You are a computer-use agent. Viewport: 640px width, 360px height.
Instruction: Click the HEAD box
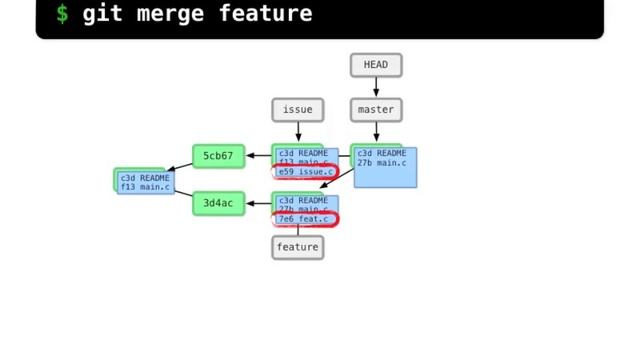376,65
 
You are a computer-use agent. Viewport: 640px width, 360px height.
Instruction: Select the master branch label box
376,109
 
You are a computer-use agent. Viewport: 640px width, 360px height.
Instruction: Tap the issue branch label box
297,109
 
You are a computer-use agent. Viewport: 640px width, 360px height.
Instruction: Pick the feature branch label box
297,247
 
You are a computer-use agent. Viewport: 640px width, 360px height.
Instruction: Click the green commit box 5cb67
218,156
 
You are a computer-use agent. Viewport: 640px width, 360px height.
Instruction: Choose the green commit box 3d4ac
218,203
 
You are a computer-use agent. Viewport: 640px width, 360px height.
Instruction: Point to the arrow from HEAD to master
376,87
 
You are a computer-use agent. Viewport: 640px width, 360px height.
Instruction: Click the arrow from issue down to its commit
297,132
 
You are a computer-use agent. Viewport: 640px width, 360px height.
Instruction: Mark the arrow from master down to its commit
376,132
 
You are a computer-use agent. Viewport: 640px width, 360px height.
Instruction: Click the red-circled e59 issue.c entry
305,172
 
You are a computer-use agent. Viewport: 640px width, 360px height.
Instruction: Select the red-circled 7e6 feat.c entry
304,219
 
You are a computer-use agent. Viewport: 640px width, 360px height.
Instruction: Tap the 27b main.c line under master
382,163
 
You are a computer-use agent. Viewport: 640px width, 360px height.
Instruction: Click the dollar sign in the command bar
62,14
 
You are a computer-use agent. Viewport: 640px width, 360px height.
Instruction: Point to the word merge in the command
164,14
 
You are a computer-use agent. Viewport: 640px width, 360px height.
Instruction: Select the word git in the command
102,14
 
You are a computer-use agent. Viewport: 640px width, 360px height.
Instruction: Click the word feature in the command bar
265,14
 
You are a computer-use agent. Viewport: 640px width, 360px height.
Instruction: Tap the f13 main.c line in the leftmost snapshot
145,187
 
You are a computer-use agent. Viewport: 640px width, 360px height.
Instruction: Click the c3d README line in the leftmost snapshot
145,178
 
